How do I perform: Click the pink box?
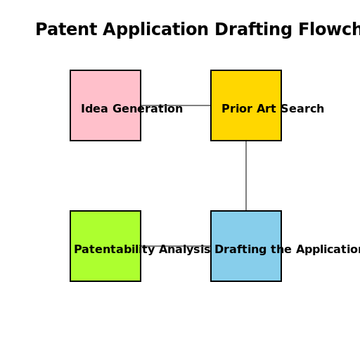[105, 88]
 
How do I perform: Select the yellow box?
[246, 88]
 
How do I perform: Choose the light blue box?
[246, 267]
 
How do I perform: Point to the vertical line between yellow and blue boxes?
[246, 176]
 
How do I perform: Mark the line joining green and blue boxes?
[176, 246]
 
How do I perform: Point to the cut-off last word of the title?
[327, 30]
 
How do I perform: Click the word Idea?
[93, 109]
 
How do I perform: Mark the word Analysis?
[184, 250]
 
